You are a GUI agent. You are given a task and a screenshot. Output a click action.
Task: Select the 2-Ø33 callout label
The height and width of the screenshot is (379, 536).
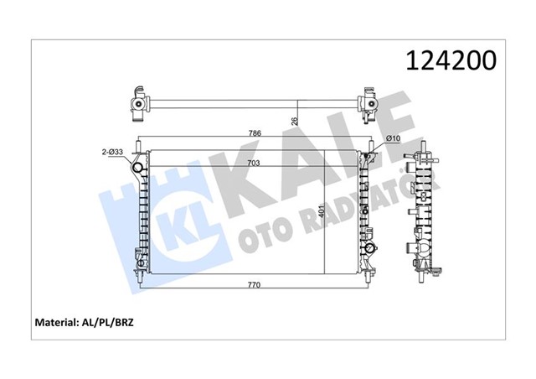[x=111, y=152]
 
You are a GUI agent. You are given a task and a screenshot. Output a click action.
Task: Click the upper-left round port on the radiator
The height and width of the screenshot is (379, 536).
[x=139, y=173]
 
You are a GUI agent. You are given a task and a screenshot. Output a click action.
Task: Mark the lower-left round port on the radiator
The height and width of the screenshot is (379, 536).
[x=139, y=270]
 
